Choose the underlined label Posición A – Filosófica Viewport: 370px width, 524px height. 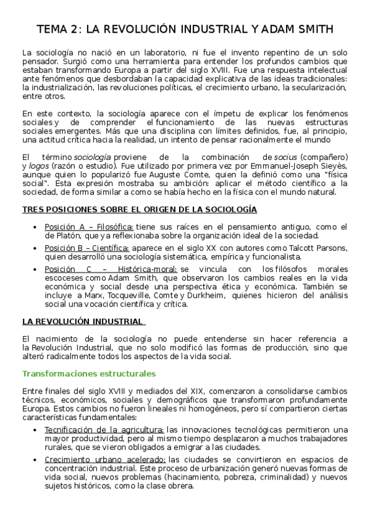click(89, 226)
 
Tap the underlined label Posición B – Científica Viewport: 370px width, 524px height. click(86, 248)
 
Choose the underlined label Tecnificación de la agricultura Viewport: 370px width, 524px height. click(104, 429)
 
